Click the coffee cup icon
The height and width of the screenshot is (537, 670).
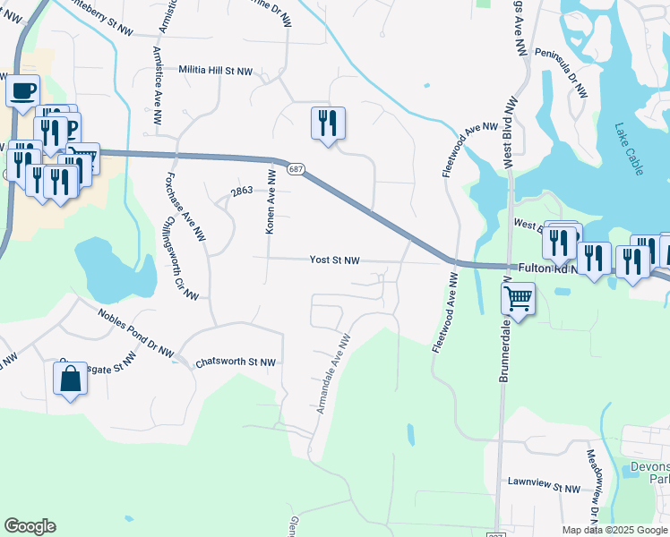[23, 91]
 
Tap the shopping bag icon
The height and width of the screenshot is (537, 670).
[71, 379]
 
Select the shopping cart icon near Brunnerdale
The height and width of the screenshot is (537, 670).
[519, 298]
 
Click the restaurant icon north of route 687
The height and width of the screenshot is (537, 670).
[328, 123]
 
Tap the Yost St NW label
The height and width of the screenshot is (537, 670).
[334, 260]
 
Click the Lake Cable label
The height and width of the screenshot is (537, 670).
[630, 149]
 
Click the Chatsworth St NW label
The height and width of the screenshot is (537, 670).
[236, 362]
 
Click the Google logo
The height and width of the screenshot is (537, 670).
[30, 526]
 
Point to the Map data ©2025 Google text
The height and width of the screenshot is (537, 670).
[614, 530]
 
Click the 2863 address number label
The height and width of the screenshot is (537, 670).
[242, 192]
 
